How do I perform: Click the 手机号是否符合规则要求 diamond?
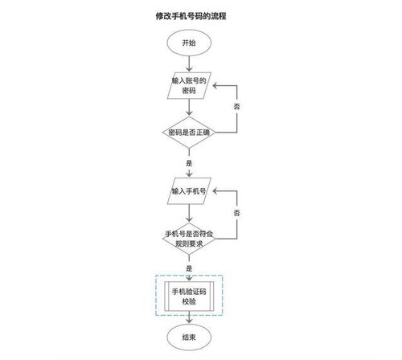(188, 238)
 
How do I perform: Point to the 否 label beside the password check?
(236, 107)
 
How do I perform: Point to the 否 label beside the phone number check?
(236, 212)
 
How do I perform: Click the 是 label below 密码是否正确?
(188, 162)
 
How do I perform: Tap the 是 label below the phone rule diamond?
(188, 267)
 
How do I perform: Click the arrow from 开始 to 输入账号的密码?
(188, 63)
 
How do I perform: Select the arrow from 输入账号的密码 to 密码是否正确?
(188, 108)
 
